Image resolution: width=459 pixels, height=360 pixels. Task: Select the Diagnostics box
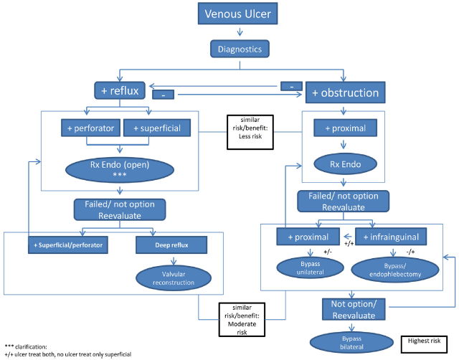pos(240,49)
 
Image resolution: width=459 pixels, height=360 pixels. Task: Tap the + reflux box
pos(120,90)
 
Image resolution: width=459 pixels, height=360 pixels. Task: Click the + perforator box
pos(90,128)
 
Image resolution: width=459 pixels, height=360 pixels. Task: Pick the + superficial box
pos(151,128)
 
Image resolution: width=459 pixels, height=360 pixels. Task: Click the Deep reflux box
pos(161,245)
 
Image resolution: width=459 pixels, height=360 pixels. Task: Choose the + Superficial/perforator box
pos(67,245)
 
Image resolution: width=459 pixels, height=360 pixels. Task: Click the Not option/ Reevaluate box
pos(356,308)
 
